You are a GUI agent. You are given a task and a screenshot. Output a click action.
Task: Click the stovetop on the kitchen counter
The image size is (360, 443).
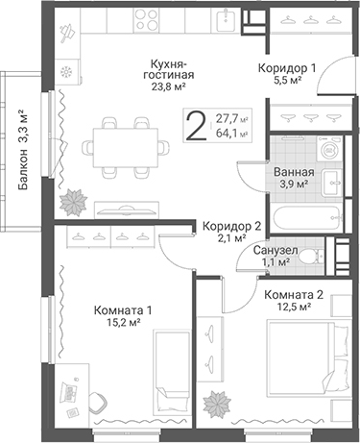[146, 19]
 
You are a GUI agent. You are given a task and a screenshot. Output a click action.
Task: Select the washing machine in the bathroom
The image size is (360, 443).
[329, 149]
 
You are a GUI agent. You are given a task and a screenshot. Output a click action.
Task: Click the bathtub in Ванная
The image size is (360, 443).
[305, 218]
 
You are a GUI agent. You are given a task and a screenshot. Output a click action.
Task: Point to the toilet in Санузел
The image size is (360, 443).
[310, 257]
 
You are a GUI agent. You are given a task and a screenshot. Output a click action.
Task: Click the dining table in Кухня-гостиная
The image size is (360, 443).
[126, 147]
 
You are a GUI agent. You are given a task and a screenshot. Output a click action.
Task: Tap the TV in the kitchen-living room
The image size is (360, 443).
[127, 210]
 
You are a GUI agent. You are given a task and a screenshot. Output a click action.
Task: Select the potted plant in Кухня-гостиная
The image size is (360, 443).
[73, 202]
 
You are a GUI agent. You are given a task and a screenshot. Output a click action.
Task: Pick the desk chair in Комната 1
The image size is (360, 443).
[98, 403]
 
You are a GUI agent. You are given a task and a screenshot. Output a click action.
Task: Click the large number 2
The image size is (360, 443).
[196, 125]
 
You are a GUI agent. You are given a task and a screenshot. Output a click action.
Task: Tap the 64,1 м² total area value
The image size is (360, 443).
[232, 133]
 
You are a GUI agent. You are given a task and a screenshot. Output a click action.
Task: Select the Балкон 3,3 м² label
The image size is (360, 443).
[23, 150]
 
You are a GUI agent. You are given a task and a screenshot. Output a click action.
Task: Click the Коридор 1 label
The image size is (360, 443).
[287, 68]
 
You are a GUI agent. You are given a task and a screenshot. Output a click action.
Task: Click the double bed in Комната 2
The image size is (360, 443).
[308, 359]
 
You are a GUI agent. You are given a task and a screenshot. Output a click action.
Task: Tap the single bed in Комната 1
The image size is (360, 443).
[172, 372]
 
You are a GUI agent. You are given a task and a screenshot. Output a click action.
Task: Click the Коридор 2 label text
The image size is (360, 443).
[232, 227]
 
